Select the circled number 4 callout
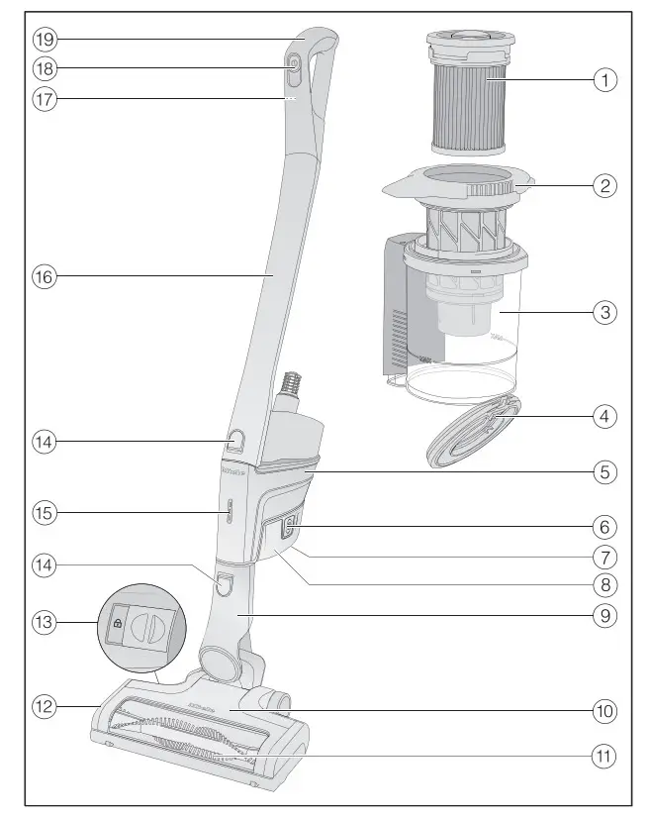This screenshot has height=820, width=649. pos(605,417)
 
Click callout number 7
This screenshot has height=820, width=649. pos(605,558)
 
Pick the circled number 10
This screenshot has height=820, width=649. pos(605,710)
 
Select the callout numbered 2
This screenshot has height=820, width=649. pos(605,185)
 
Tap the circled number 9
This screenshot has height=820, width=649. pos(605,615)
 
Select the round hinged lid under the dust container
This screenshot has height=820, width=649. pos(473,429)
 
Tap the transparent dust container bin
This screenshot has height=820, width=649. pos(465,337)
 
